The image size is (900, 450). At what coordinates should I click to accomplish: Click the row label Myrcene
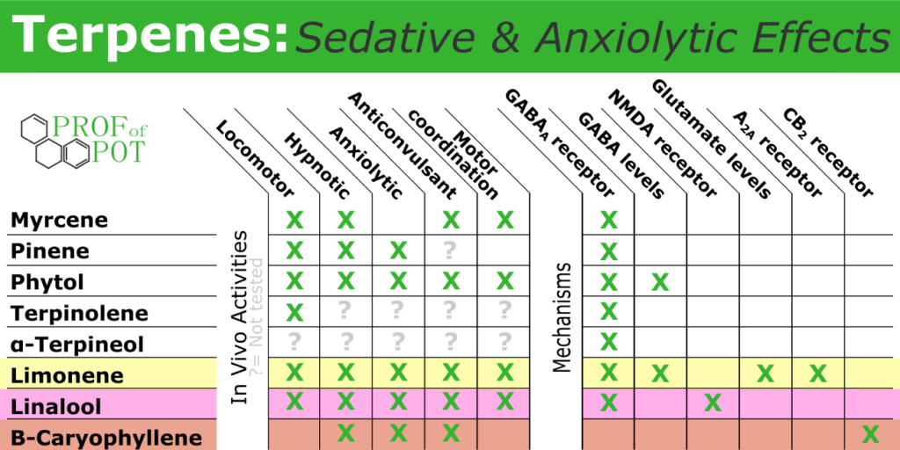(x=59, y=220)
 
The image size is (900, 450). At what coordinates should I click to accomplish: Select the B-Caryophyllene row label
(x=106, y=438)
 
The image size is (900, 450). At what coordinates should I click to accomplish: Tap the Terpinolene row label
(x=79, y=314)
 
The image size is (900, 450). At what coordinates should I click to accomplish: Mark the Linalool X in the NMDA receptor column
(x=713, y=403)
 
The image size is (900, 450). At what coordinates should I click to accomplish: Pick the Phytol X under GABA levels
(x=660, y=282)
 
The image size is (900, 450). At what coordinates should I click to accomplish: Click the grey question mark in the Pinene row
(x=451, y=250)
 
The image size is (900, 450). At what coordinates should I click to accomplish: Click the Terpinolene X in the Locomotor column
(x=294, y=312)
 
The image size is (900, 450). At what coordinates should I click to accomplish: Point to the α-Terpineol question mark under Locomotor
(x=294, y=342)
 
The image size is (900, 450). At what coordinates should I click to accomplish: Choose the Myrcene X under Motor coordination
(x=504, y=220)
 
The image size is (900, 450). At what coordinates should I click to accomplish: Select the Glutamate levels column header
(x=711, y=138)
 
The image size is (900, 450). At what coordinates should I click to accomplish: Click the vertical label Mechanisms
(x=563, y=317)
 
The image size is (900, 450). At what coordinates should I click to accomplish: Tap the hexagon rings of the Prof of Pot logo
(x=55, y=142)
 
